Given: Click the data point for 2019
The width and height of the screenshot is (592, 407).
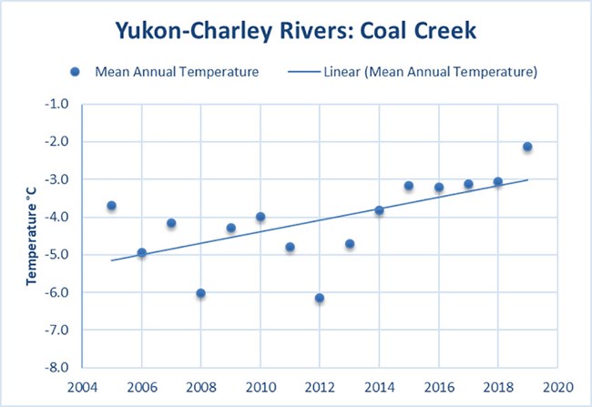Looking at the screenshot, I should pyautogui.click(x=527, y=147).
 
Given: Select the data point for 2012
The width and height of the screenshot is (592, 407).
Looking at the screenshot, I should pyautogui.click(x=320, y=298).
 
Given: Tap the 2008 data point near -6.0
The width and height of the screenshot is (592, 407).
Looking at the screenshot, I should pyautogui.click(x=200, y=293).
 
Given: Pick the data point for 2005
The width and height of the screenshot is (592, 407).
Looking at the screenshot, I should pyautogui.click(x=111, y=206).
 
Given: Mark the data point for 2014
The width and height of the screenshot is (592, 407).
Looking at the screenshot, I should pyautogui.click(x=379, y=210).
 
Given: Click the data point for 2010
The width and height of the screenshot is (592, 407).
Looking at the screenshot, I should pyautogui.click(x=260, y=217).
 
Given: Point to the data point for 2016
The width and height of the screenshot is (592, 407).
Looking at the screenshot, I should pyautogui.click(x=439, y=188).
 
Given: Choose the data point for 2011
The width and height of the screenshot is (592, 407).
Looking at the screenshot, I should pyautogui.click(x=290, y=247).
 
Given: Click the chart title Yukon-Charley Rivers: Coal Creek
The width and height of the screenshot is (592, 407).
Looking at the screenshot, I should pyautogui.click(x=296, y=30).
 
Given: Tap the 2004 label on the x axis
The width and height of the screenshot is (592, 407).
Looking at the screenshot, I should pyautogui.click(x=82, y=384).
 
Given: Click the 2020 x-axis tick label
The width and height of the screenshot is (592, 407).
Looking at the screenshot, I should pyautogui.click(x=557, y=384).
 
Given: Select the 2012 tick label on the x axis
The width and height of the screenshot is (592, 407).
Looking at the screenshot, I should pyautogui.click(x=320, y=384).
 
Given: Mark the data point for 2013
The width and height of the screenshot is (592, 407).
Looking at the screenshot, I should pyautogui.click(x=350, y=244).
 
